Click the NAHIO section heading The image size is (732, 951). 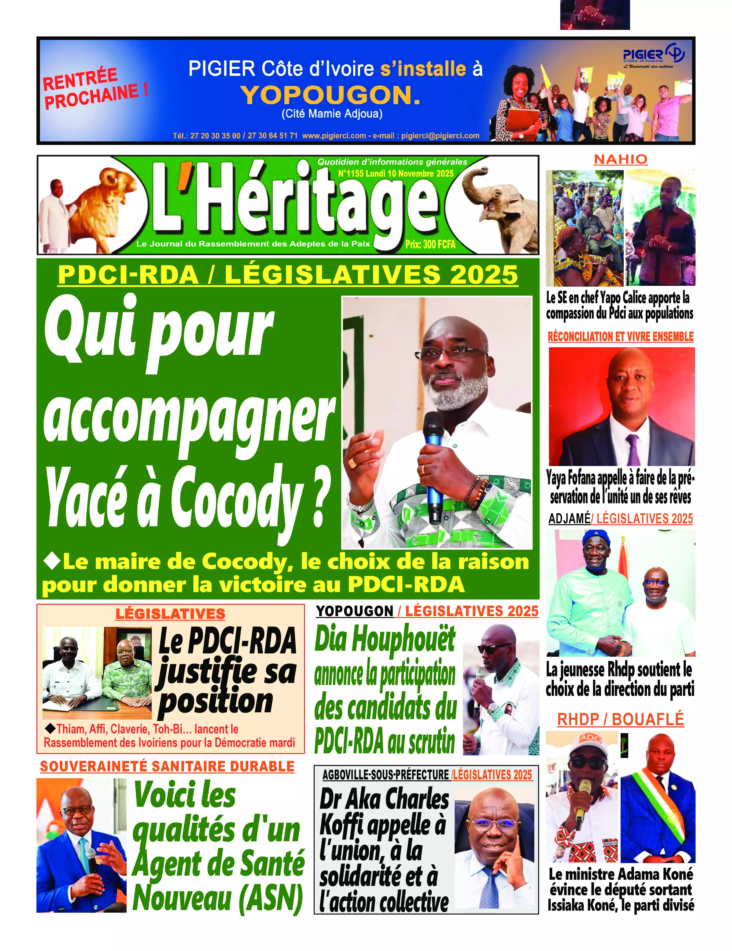click(x=621, y=159)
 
